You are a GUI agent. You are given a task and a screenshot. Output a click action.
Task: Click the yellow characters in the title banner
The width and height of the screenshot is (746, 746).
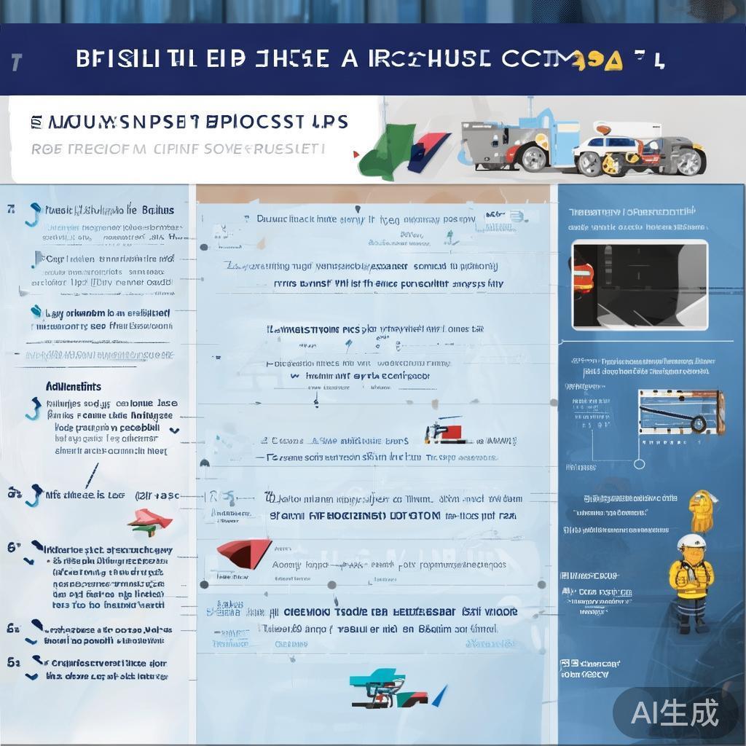coord(598,61)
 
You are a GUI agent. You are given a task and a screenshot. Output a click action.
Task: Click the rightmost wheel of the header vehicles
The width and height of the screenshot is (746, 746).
coord(688,161)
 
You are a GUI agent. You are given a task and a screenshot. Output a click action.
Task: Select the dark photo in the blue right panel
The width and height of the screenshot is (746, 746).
coord(639,284)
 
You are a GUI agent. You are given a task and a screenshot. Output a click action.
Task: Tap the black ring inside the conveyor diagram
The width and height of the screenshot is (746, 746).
coord(699,423)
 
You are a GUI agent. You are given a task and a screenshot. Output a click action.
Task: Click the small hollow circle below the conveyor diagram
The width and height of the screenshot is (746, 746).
coord(639,463)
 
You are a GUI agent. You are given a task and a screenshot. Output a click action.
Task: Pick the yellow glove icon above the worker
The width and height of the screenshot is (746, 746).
coord(702,511)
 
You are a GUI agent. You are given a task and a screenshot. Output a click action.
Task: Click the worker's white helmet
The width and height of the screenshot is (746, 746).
coord(691,542)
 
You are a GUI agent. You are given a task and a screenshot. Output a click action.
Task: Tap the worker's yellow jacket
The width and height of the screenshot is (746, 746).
coord(690,579)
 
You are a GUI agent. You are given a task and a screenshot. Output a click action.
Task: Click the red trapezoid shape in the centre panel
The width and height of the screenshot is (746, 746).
coord(243,554)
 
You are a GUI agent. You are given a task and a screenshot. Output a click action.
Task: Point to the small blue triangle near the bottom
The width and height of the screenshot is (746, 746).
coord(439,696)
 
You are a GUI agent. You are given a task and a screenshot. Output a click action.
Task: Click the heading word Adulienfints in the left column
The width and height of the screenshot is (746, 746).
coord(73,387)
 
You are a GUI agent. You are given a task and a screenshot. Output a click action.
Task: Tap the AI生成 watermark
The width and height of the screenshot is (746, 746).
coord(675,712)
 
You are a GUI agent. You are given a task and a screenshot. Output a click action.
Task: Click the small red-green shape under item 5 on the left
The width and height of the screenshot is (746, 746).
coord(149,519)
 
